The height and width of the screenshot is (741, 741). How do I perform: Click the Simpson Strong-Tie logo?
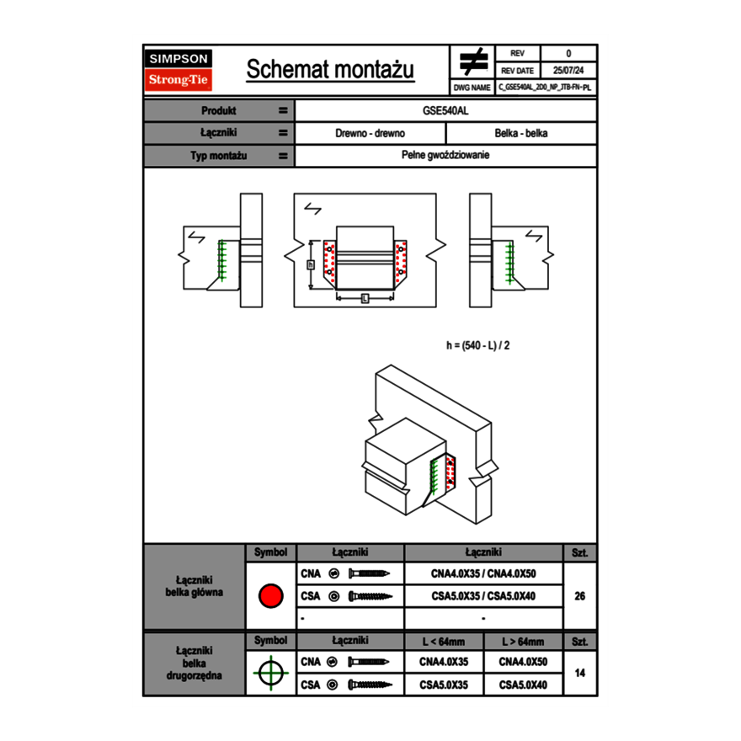coord(179,70)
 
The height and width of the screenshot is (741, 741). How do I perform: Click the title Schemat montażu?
coord(330,70)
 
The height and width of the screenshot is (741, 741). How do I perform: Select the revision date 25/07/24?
coord(568,71)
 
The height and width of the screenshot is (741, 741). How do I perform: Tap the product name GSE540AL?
coord(445,110)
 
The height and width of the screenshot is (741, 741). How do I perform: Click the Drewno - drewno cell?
coord(370,133)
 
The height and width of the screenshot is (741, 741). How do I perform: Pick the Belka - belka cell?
coord(521,133)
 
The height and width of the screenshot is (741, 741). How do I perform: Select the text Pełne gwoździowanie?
coord(445,156)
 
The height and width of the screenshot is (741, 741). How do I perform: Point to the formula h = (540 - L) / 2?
coord(477,345)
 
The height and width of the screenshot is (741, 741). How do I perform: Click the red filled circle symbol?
coord(270,596)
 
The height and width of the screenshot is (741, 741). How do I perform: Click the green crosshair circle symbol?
coord(270,673)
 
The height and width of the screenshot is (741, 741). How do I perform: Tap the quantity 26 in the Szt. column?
coord(579,596)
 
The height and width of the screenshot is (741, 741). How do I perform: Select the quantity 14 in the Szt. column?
coord(579,673)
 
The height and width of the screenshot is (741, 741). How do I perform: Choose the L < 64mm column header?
coord(444,642)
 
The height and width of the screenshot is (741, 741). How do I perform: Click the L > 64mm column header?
coord(523,642)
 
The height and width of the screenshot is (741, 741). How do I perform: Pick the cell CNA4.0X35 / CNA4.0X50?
coord(483,574)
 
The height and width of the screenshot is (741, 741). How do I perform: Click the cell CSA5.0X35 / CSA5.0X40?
coord(483,596)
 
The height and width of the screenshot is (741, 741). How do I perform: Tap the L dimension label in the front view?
coord(365,299)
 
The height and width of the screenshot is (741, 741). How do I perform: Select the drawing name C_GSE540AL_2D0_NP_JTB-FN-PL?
coord(545,87)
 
